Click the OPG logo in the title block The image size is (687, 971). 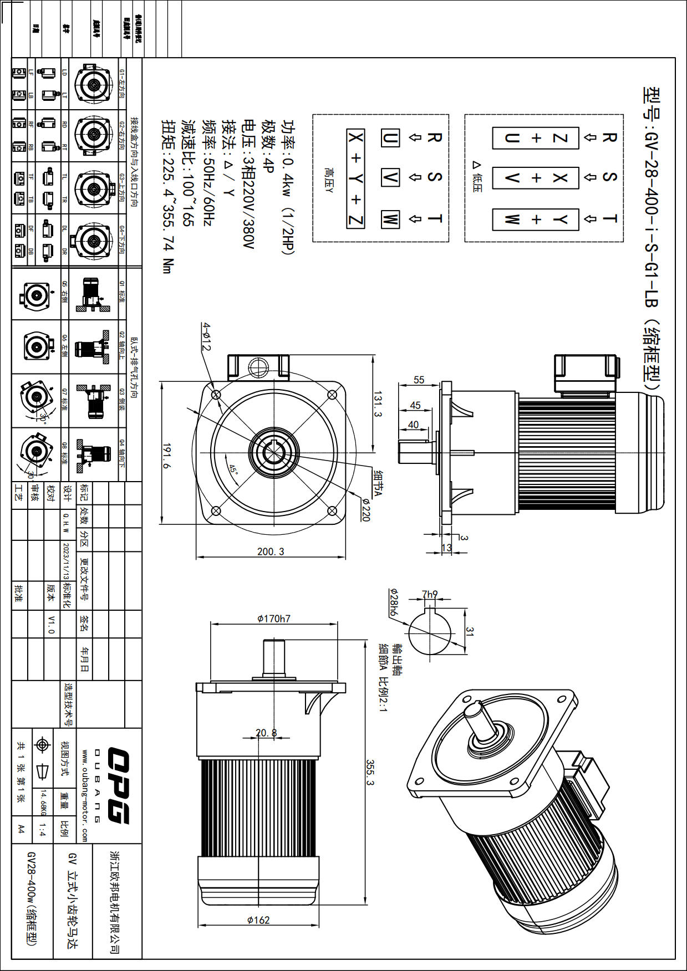(x=118, y=785)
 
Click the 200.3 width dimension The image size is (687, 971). (x=271, y=551)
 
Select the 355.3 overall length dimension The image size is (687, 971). (x=370, y=772)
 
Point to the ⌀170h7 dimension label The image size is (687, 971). (x=274, y=619)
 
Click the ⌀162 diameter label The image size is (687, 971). (x=258, y=920)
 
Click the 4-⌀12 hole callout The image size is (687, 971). (x=206, y=336)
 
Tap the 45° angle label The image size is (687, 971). (x=233, y=469)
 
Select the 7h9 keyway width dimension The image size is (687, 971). (x=430, y=594)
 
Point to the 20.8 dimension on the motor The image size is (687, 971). (x=266, y=733)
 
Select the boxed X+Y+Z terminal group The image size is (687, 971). (x=355, y=178)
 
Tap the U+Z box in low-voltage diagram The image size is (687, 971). (x=535, y=138)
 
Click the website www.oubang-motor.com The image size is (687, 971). (x=85, y=796)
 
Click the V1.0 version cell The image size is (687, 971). (x=51, y=625)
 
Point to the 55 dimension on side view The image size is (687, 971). (x=419, y=380)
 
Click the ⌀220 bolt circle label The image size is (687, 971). (x=365, y=509)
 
